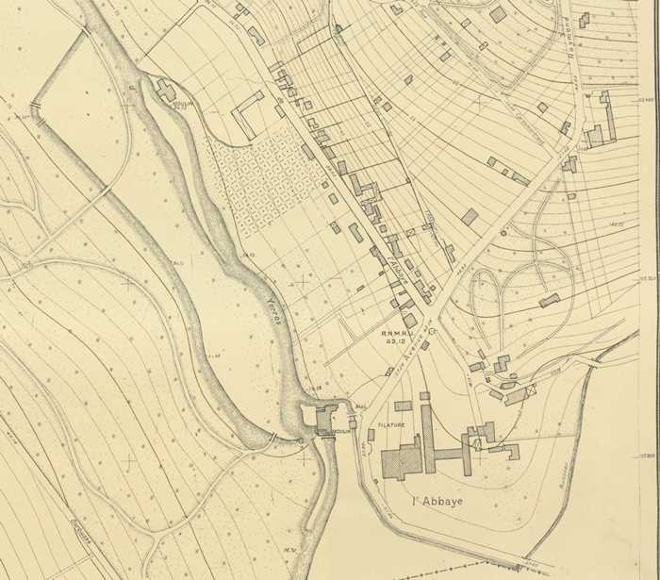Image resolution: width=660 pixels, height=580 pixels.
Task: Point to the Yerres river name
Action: point(274,311)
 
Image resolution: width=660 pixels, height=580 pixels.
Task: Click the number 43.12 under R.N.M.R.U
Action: point(396,341)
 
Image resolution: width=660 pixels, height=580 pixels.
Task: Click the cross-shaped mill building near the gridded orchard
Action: point(167,91)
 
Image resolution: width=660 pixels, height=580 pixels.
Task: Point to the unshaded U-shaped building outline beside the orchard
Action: point(248,113)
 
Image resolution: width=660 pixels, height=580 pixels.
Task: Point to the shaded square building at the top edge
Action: point(498,14)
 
